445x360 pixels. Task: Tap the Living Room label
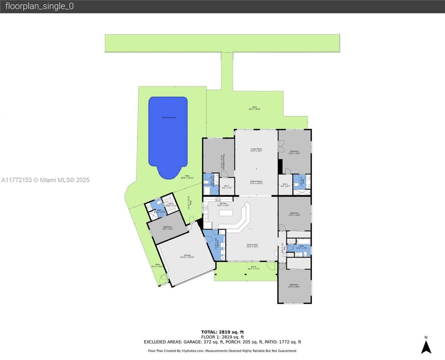point(256,150)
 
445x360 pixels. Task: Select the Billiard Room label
point(256,182)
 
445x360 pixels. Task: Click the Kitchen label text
point(223,204)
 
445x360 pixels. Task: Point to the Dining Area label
point(252,246)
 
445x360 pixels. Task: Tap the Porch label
point(253,267)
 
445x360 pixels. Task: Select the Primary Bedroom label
point(222,162)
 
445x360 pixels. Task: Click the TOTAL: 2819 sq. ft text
point(222,332)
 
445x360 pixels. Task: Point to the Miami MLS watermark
point(46,180)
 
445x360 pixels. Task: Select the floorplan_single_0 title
point(39,6)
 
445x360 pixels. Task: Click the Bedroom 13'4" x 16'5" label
point(294,286)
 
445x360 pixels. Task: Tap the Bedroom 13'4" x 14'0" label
point(294,214)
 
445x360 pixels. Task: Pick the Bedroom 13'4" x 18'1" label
point(294,152)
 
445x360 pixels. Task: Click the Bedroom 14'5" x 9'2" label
point(167,228)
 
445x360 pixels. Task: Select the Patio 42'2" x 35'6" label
point(254,108)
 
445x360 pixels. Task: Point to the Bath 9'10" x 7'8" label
point(301,247)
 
